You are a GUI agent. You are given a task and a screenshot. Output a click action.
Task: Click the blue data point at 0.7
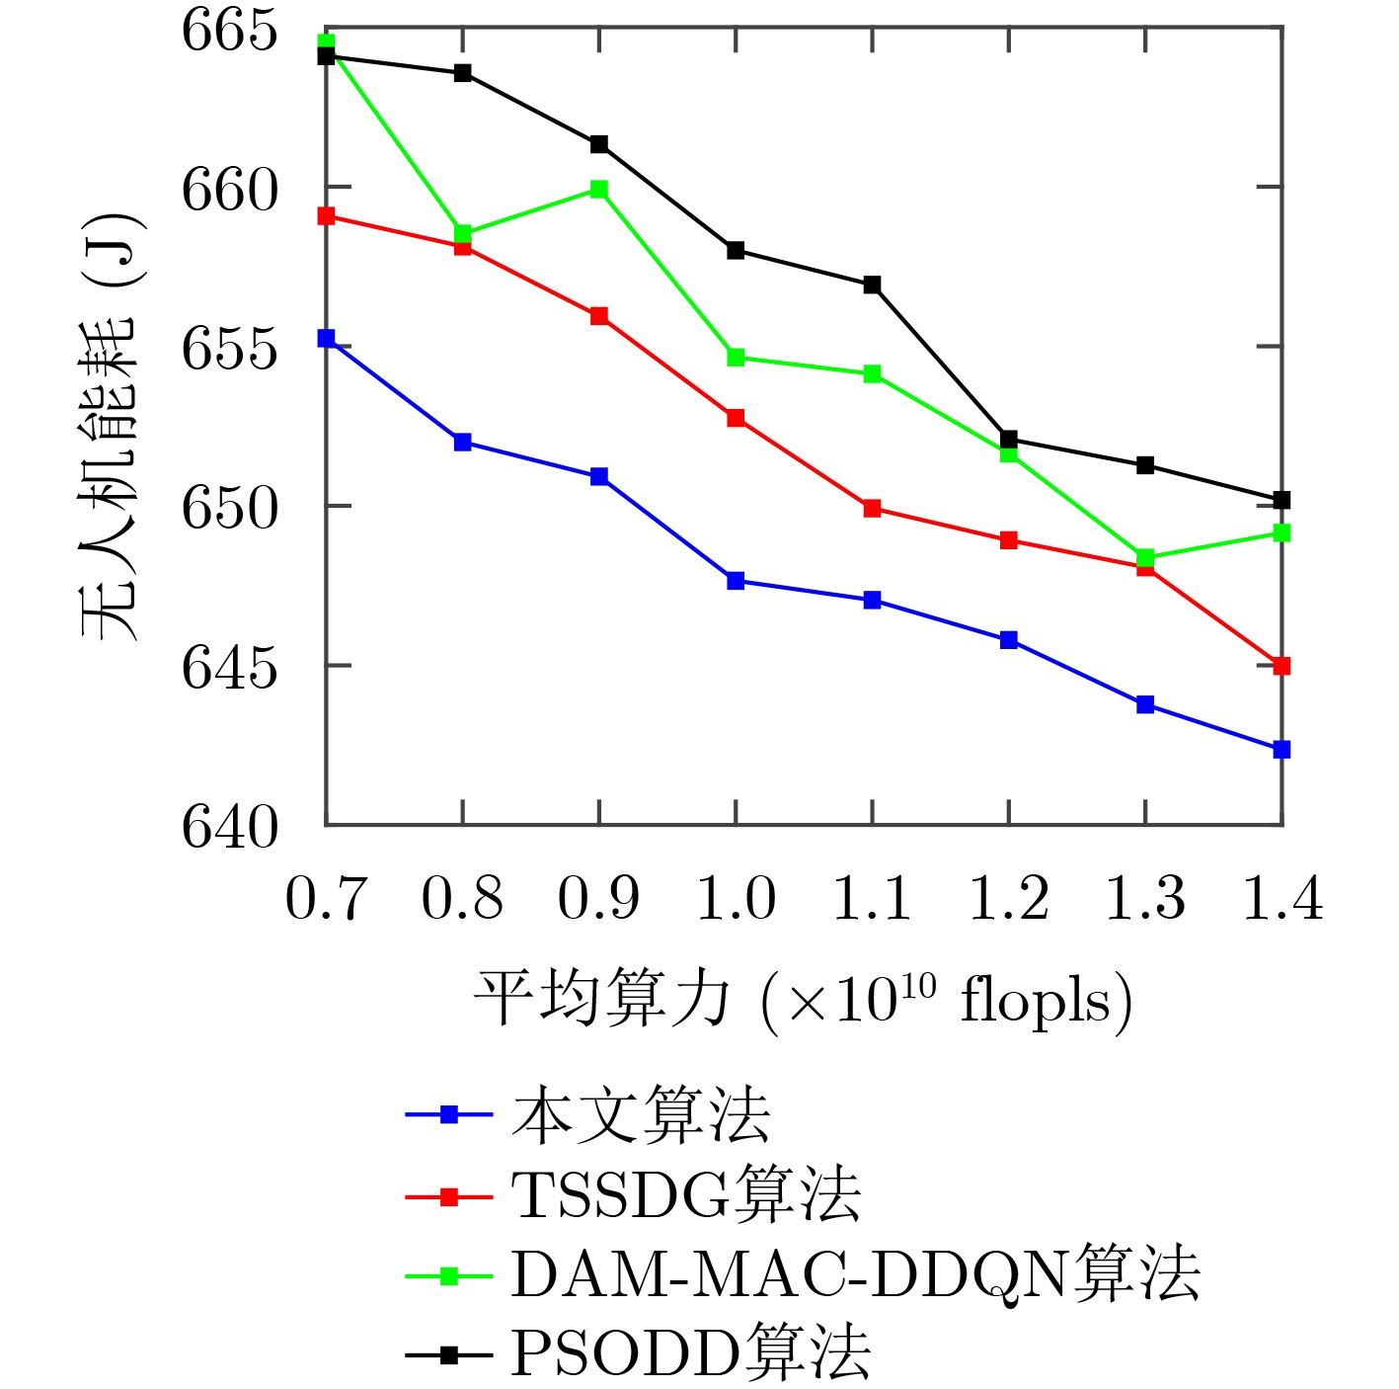point(326,339)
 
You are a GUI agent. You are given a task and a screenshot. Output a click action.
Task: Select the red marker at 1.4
point(1282,667)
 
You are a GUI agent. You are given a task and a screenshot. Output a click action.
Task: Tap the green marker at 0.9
point(599,189)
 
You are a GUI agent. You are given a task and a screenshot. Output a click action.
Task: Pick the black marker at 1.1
point(872,285)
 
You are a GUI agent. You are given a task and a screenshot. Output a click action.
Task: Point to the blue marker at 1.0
point(736,581)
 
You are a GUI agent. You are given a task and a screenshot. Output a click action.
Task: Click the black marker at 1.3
point(1145,465)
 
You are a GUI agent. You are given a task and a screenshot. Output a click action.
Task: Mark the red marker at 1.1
point(872,509)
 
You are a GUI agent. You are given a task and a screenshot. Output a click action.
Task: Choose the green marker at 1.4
point(1282,533)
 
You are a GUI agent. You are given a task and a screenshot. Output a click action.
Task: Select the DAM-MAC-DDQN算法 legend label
point(854,1274)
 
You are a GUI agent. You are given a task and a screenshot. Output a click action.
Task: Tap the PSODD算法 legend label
point(690,1353)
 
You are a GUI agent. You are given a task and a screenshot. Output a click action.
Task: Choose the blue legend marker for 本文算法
point(448,1115)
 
